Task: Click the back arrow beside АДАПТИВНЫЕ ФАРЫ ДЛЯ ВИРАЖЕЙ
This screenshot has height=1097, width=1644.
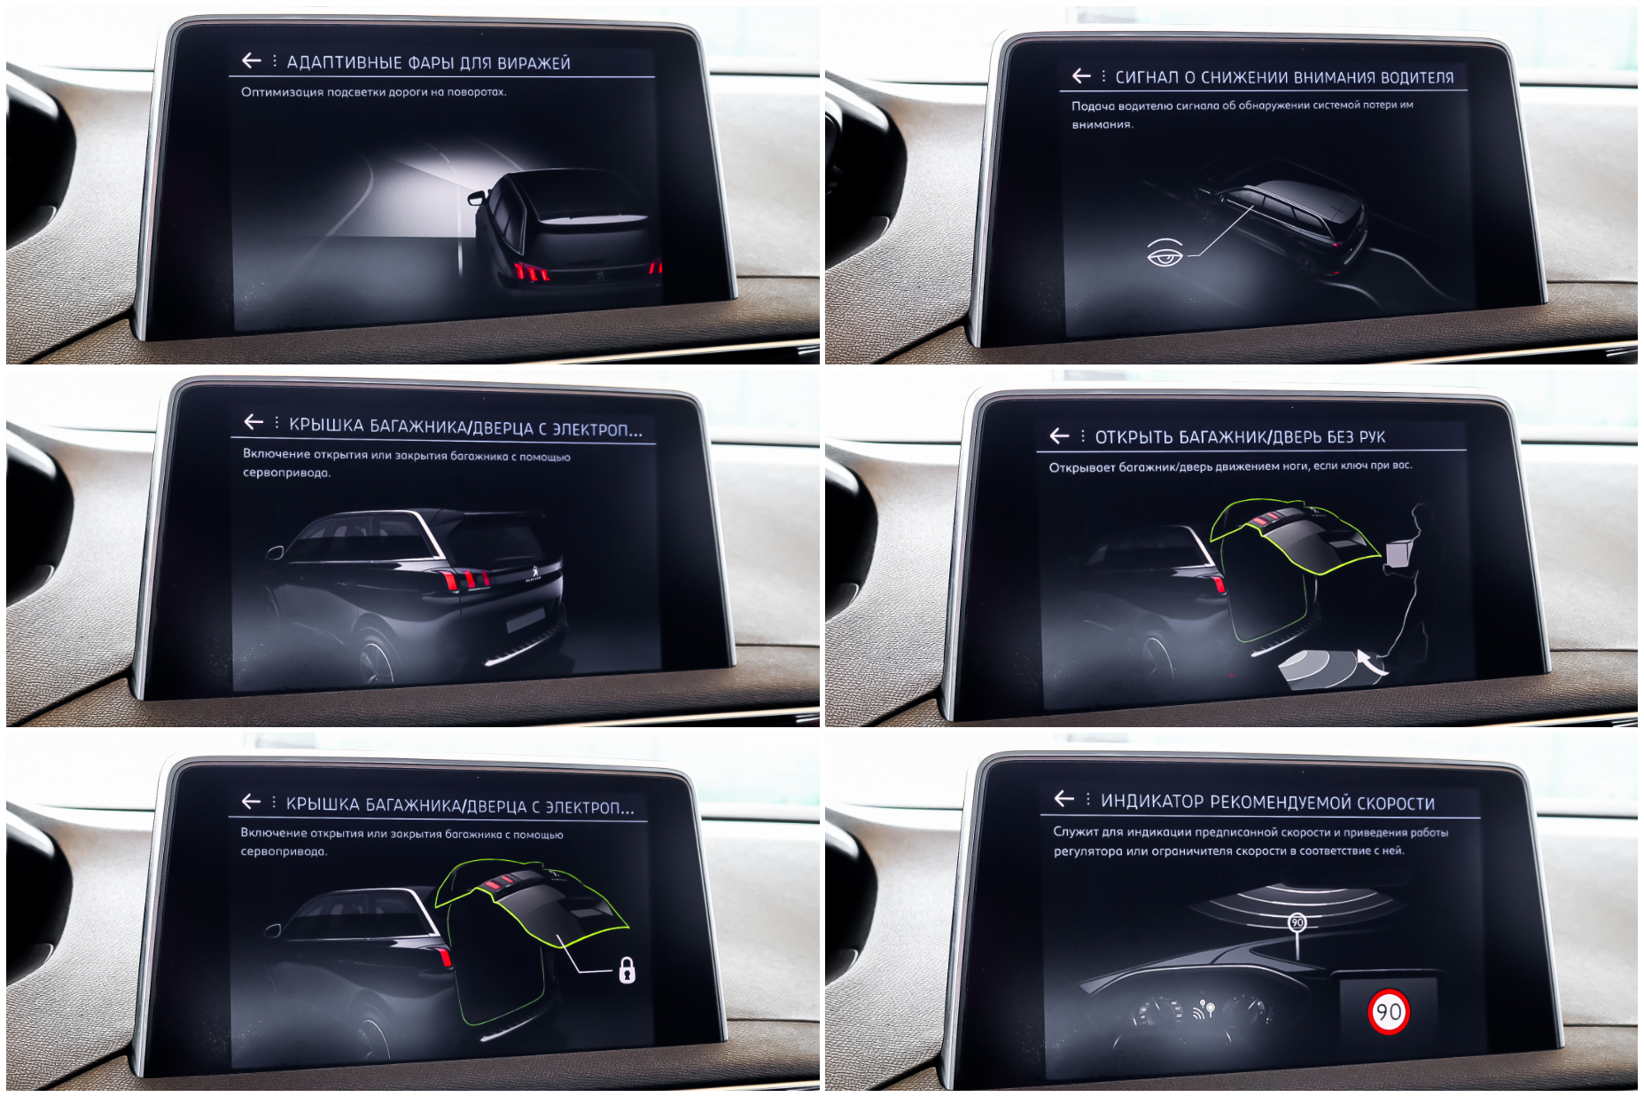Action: pyautogui.click(x=252, y=60)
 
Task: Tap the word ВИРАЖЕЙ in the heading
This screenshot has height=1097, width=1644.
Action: pyautogui.click(x=534, y=63)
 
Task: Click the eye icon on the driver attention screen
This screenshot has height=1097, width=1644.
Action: pyautogui.click(x=1165, y=254)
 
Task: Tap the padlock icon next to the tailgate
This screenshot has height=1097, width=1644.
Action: pyautogui.click(x=627, y=969)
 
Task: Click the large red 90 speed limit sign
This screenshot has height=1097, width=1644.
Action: pyautogui.click(x=1388, y=1012)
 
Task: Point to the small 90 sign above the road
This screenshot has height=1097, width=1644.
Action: pyautogui.click(x=1297, y=922)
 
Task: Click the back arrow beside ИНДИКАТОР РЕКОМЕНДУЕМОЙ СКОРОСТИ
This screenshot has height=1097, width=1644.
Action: pyautogui.click(x=1064, y=798)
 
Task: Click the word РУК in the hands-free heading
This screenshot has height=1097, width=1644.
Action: pyautogui.click(x=1372, y=436)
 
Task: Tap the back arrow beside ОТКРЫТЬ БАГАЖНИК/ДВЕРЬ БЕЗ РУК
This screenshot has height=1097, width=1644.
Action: pyautogui.click(x=1060, y=435)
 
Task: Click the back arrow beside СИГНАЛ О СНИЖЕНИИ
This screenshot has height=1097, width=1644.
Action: pyautogui.click(x=1081, y=76)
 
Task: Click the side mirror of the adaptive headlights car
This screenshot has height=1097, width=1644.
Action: pyautogui.click(x=477, y=197)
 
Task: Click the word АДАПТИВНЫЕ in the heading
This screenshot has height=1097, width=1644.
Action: pyautogui.click(x=345, y=63)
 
